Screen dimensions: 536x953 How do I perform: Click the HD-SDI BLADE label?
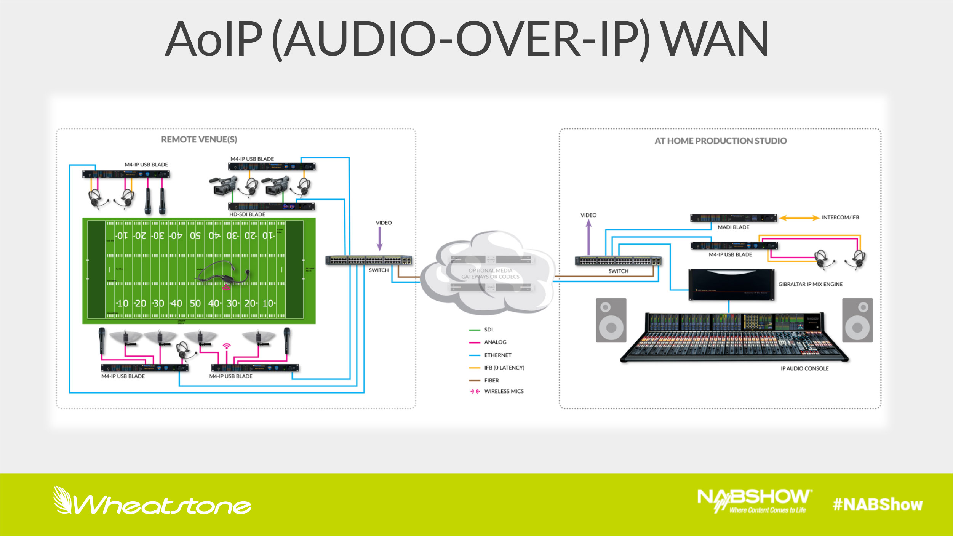tap(247, 214)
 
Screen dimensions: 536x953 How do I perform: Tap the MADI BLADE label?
tap(733, 227)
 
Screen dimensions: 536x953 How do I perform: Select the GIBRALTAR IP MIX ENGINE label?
tap(810, 284)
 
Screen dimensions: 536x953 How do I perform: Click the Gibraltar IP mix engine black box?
tap(731, 285)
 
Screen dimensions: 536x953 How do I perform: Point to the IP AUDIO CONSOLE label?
tap(804, 368)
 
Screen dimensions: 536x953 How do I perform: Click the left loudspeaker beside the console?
tap(611, 320)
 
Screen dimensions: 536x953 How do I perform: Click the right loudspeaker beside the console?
tap(857, 320)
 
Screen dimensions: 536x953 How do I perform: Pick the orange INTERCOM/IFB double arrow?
tap(799, 218)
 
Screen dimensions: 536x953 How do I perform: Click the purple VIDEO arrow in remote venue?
tap(379, 238)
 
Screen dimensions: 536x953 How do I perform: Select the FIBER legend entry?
tap(491, 380)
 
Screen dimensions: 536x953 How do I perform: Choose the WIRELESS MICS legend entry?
tap(504, 391)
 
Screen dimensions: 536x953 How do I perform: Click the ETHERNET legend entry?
tap(497, 355)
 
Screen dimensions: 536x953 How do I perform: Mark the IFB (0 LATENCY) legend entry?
tap(504, 368)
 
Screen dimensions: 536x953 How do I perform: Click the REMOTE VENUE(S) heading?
tap(199, 139)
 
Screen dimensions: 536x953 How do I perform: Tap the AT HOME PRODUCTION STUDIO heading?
tap(720, 141)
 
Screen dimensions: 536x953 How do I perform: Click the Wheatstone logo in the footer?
tap(152, 502)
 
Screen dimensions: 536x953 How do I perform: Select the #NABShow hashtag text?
tap(878, 505)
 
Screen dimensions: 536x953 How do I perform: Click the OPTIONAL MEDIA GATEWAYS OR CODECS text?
tap(490, 274)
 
